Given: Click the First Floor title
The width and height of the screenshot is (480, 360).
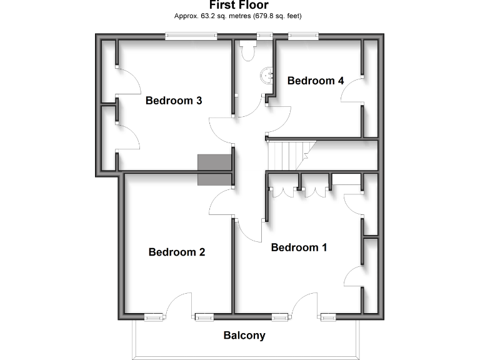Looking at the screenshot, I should [x=239, y=6].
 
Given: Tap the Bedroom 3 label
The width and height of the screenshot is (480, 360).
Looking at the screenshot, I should [x=173, y=101].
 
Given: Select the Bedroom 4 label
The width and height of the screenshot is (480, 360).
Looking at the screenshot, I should [x=315, y=81].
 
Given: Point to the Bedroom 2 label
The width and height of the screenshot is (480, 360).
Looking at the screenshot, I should [x=177, y=252].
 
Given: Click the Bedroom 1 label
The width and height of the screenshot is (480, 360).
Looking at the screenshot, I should [x=299, y=247].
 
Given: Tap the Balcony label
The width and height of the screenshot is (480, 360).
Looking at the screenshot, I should [x=244, y=336].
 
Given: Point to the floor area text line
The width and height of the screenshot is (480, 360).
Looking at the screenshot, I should [x=239, y=16].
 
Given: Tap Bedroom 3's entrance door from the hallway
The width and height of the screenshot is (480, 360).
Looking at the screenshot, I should [x=220, y=129].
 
